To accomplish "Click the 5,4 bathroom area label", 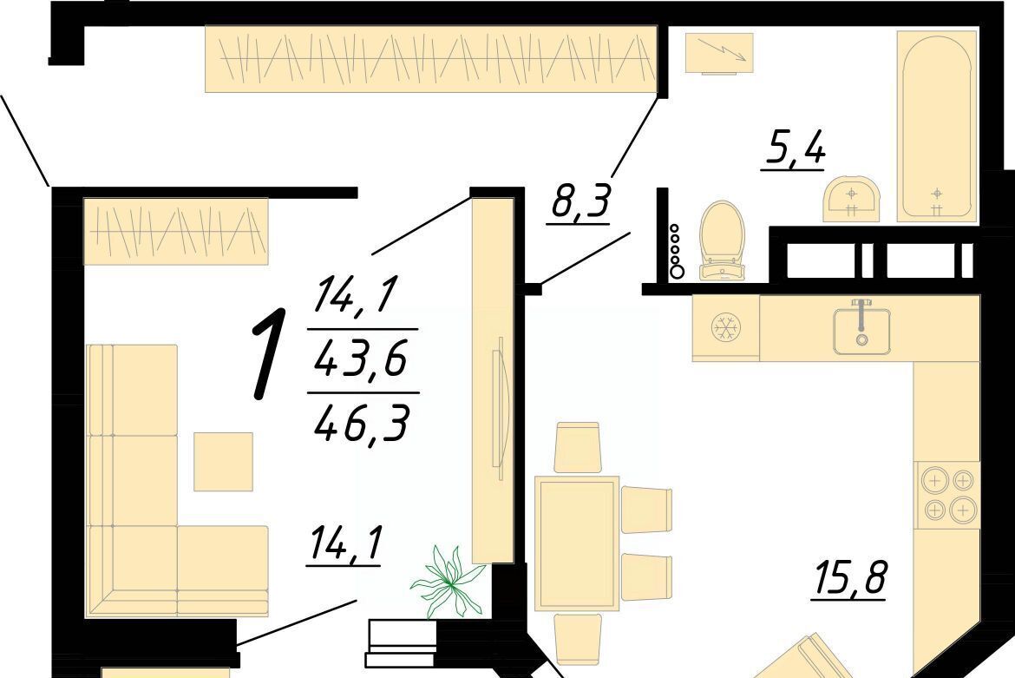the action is tap(795, 149).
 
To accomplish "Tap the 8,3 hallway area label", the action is tap(580, 201).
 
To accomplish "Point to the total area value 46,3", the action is tap(363, 423).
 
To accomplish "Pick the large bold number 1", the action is tap(269, 353).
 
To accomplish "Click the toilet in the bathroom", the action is tap(723, 240).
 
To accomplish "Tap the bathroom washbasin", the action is tap(851, 198).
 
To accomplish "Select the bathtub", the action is tap(937, 126).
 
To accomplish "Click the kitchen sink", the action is tap(861, 330).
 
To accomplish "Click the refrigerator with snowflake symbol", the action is tap(725, 327).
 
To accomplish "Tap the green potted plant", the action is tap(448, 581).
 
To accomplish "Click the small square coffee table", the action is tap(223, 462).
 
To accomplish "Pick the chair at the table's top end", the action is tap(578, 448).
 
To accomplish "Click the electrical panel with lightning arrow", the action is tap(719, 54).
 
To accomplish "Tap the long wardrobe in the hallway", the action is tap(431, 58).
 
